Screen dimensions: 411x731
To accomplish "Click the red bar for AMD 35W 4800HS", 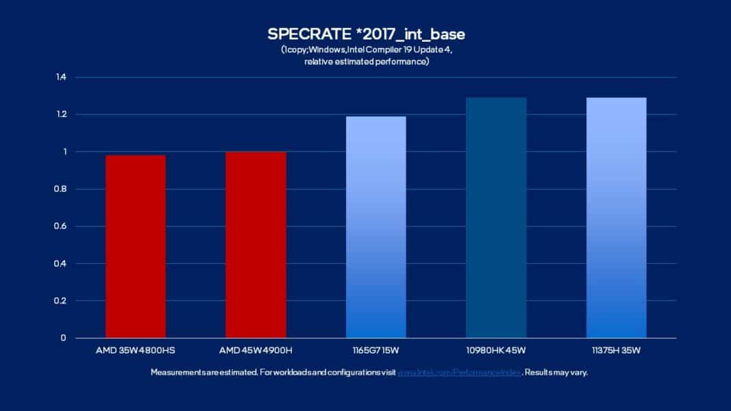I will (136, 247).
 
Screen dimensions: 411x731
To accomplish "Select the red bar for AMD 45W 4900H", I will (256, 245).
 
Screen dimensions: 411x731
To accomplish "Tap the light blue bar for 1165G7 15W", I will (376, 227).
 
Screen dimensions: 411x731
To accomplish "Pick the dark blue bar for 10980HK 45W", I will (496, 218).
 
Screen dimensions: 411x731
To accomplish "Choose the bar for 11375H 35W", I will (617, 218).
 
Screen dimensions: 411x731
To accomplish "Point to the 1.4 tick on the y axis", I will (61, 77).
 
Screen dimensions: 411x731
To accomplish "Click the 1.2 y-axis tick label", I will (61, 114).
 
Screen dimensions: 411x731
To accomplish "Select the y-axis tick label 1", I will (64, 151).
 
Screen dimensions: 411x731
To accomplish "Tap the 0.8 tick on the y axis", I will (61, 189).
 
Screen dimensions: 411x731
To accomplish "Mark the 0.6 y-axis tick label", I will (61, 226).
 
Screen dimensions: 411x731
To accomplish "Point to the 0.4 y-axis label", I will (61, 264).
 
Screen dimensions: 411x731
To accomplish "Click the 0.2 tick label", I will (61, 301).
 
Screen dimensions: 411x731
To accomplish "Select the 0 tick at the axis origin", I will (64, 338).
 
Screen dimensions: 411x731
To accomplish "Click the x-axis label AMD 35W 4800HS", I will (136, 351).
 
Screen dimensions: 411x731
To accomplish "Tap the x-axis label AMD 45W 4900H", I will (256, 351).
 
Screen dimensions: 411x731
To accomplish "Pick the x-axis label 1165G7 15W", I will (376, 351).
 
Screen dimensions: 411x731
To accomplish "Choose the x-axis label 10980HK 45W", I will (496, 351).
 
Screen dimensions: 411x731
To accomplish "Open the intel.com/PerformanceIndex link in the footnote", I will (460, 373).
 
